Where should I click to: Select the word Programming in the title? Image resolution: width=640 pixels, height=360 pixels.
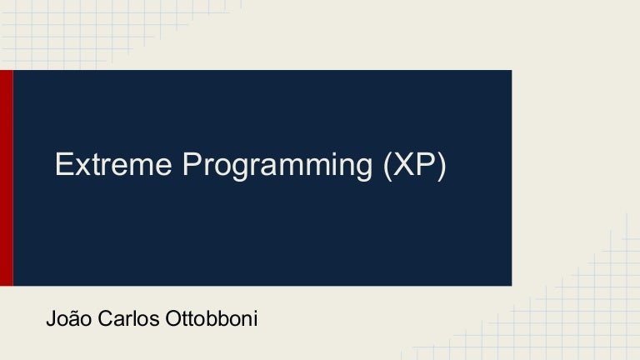(x=278, y=167)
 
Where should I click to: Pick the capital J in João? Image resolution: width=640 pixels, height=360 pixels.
(x=52, y=318)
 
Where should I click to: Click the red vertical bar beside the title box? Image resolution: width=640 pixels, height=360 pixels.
(x=6, y=177)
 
